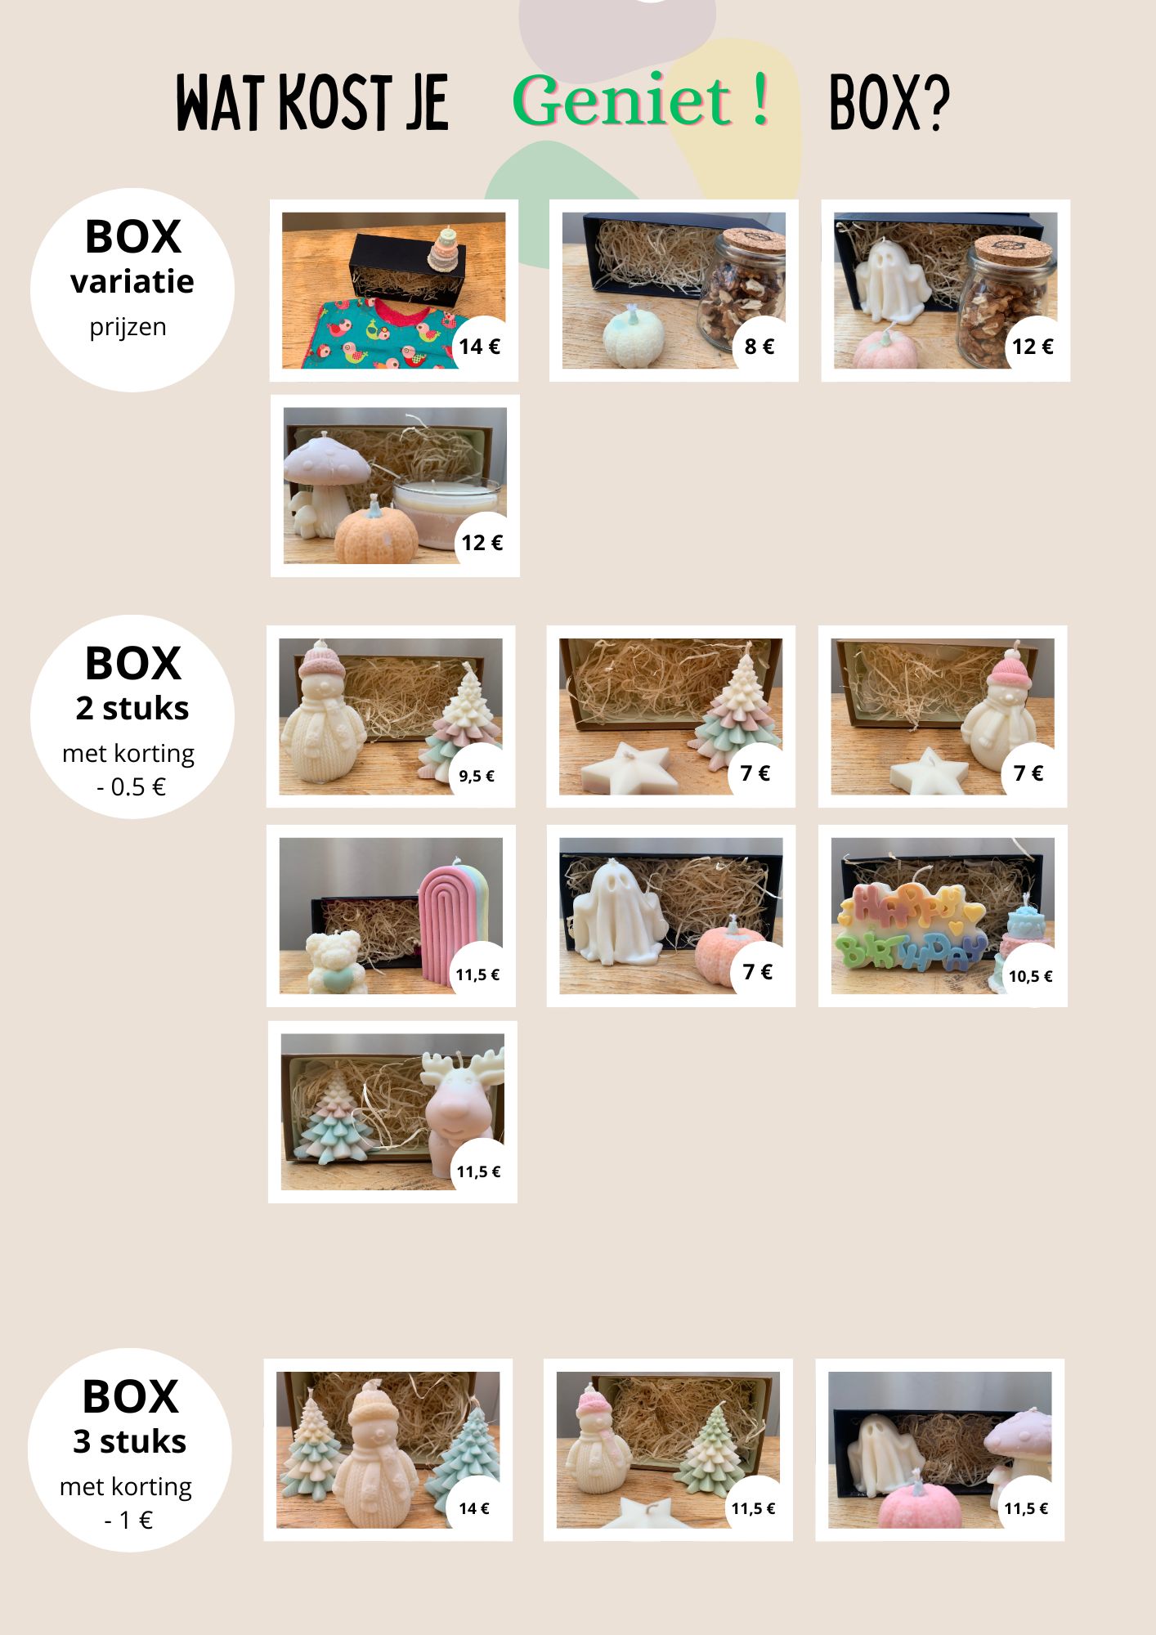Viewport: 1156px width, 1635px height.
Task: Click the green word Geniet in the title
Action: pos(621,101)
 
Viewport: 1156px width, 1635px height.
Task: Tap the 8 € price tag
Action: pos(759,347)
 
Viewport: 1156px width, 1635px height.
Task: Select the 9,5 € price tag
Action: pos(477,776)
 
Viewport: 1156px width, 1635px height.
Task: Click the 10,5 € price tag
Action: pos(1030,976)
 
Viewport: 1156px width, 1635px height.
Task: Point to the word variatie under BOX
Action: pos(132,282)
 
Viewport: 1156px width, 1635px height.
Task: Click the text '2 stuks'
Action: pos(132,708)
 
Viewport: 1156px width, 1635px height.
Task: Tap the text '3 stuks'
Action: pos(130,1441)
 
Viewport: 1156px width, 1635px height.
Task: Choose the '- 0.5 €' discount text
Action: pos(131,786)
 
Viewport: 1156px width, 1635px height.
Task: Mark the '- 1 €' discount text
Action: pos(129,1520)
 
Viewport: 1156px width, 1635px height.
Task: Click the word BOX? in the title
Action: pos(889,103)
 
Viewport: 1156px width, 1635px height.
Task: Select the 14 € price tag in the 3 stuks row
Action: pos(474,1508)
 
